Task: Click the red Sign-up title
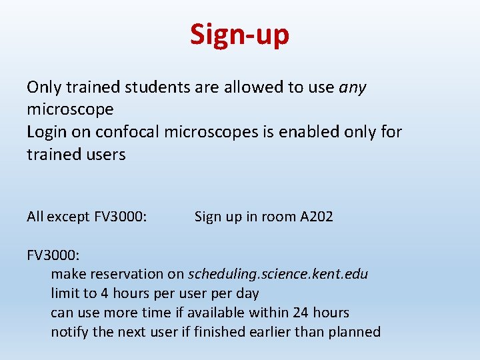tap(239, 34)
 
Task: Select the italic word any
tap(353, 87)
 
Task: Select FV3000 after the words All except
tap(121, 217)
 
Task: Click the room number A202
tap(316, 217)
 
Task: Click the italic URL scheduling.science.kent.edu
tap(278, 274)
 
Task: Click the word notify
tap(70, 332)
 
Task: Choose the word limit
tap(65, 293)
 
